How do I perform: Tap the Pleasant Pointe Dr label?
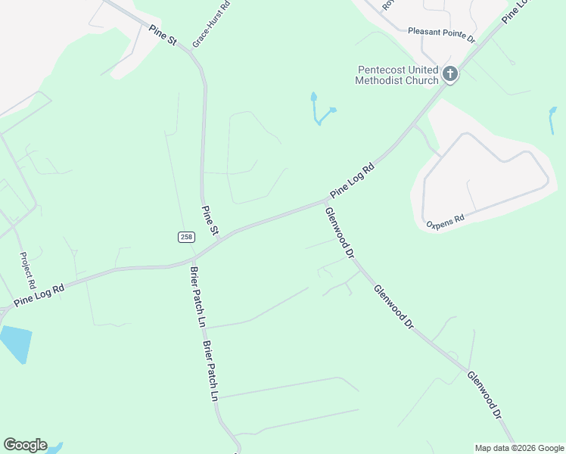pyautogui.click(x=440, y=32)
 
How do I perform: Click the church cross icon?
pyautogui.click(x=450, y=74)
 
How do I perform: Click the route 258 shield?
pyautogui.click(x=186, y=237)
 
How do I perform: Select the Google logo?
pyautogui.click(x=25, y=445)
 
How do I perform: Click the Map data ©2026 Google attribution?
pyautogui.click(x=519, y=448)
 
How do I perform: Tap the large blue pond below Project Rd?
pyautogui.click(x=15, y=342)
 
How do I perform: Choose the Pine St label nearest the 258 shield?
pyautogui.click(x=210, y=219)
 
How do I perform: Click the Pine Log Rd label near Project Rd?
pyautogui.click(x=39, y=294)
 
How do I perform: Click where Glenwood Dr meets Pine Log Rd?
pyautogui.click(x=325, y=202)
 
